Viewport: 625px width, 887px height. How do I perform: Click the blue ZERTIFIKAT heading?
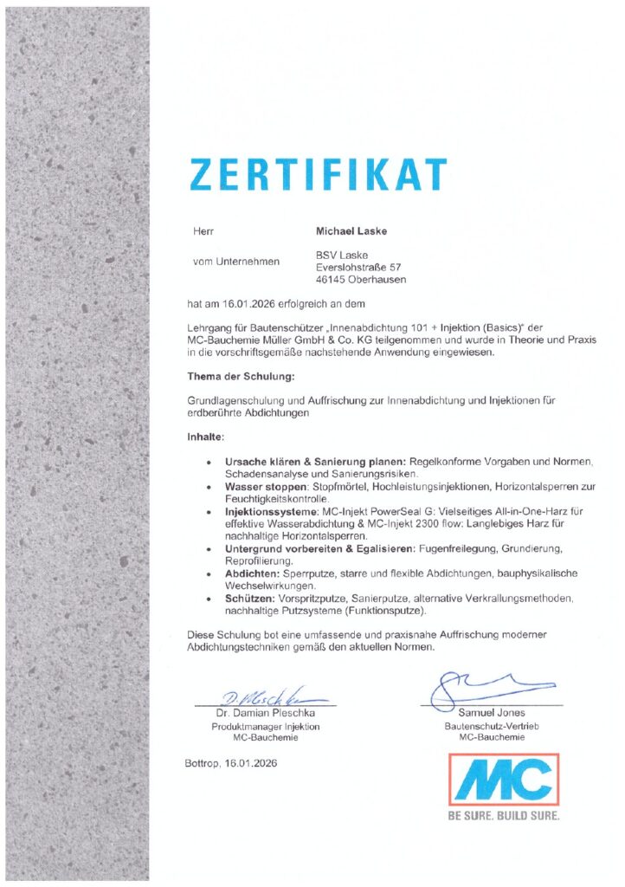click(319, 174)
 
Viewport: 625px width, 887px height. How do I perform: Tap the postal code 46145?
click(329, 280)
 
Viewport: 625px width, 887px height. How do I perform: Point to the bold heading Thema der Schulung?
click(241, 378)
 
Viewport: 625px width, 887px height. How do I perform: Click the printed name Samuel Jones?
click(490, 712)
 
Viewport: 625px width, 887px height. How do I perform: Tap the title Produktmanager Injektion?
click(265, 726)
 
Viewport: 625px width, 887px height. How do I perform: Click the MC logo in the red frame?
click(503, 780)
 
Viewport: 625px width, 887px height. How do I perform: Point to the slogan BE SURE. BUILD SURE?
click(503, 815)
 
